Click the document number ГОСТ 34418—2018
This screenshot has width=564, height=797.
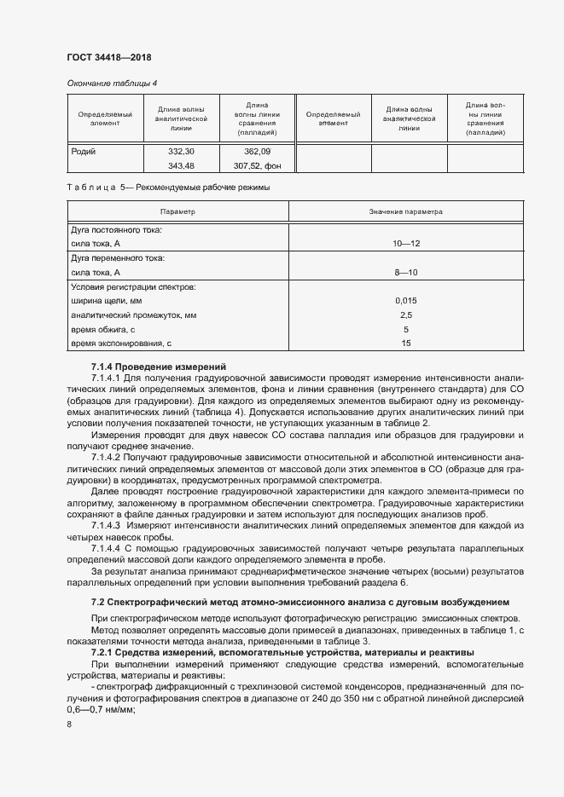tap(109, 57)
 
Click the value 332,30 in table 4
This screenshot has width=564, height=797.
tap(182, 151)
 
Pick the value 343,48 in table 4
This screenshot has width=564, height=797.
tap(182, 165)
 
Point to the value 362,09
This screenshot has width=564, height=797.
tap(257, 151)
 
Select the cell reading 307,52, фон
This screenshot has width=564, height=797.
tap(257, 165)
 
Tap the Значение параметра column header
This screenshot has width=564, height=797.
tap(406, 211)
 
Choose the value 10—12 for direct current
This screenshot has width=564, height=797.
tap(406, 244)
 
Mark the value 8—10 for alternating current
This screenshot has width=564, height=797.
tap(406, 272)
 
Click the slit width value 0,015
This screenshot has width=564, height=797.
tap(406, 301)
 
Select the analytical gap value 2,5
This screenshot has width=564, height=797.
tap(406, 315)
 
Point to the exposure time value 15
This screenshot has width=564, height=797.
tap(406, 343)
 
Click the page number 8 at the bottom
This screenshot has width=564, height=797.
tap(70, 725)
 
